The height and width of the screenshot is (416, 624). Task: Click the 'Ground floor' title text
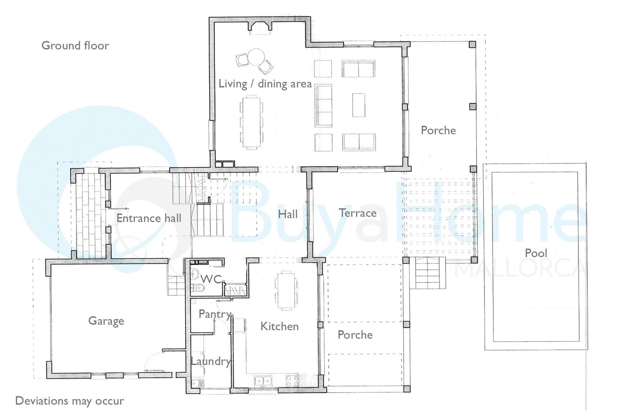coord(75,46)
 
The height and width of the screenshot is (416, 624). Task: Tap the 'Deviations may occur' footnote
coord(70,401)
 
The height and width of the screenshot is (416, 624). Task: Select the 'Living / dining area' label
coord(265,84)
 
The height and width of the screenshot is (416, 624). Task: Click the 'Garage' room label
coord(106,321)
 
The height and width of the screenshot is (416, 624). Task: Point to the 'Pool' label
coord(536,253)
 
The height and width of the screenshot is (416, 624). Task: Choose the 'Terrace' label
coord(358,213)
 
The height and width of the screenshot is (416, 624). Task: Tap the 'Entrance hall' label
coord(149,218)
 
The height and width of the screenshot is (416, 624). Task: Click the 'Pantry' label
coord(215,314)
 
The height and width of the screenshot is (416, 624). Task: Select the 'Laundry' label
coord(211,361)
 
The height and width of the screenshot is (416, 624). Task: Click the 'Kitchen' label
coord(279,326)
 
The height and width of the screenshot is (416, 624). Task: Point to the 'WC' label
coord(211,279)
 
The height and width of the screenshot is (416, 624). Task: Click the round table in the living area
coord(256,57)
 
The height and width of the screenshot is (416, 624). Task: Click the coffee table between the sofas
coord(358,105)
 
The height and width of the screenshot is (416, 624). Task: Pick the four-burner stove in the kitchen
coord(292,381)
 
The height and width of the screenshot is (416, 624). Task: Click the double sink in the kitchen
coord(263,381)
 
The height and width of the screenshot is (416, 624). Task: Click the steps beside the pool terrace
coord(427,273)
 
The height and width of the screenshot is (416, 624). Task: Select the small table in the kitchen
coord(286,290)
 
